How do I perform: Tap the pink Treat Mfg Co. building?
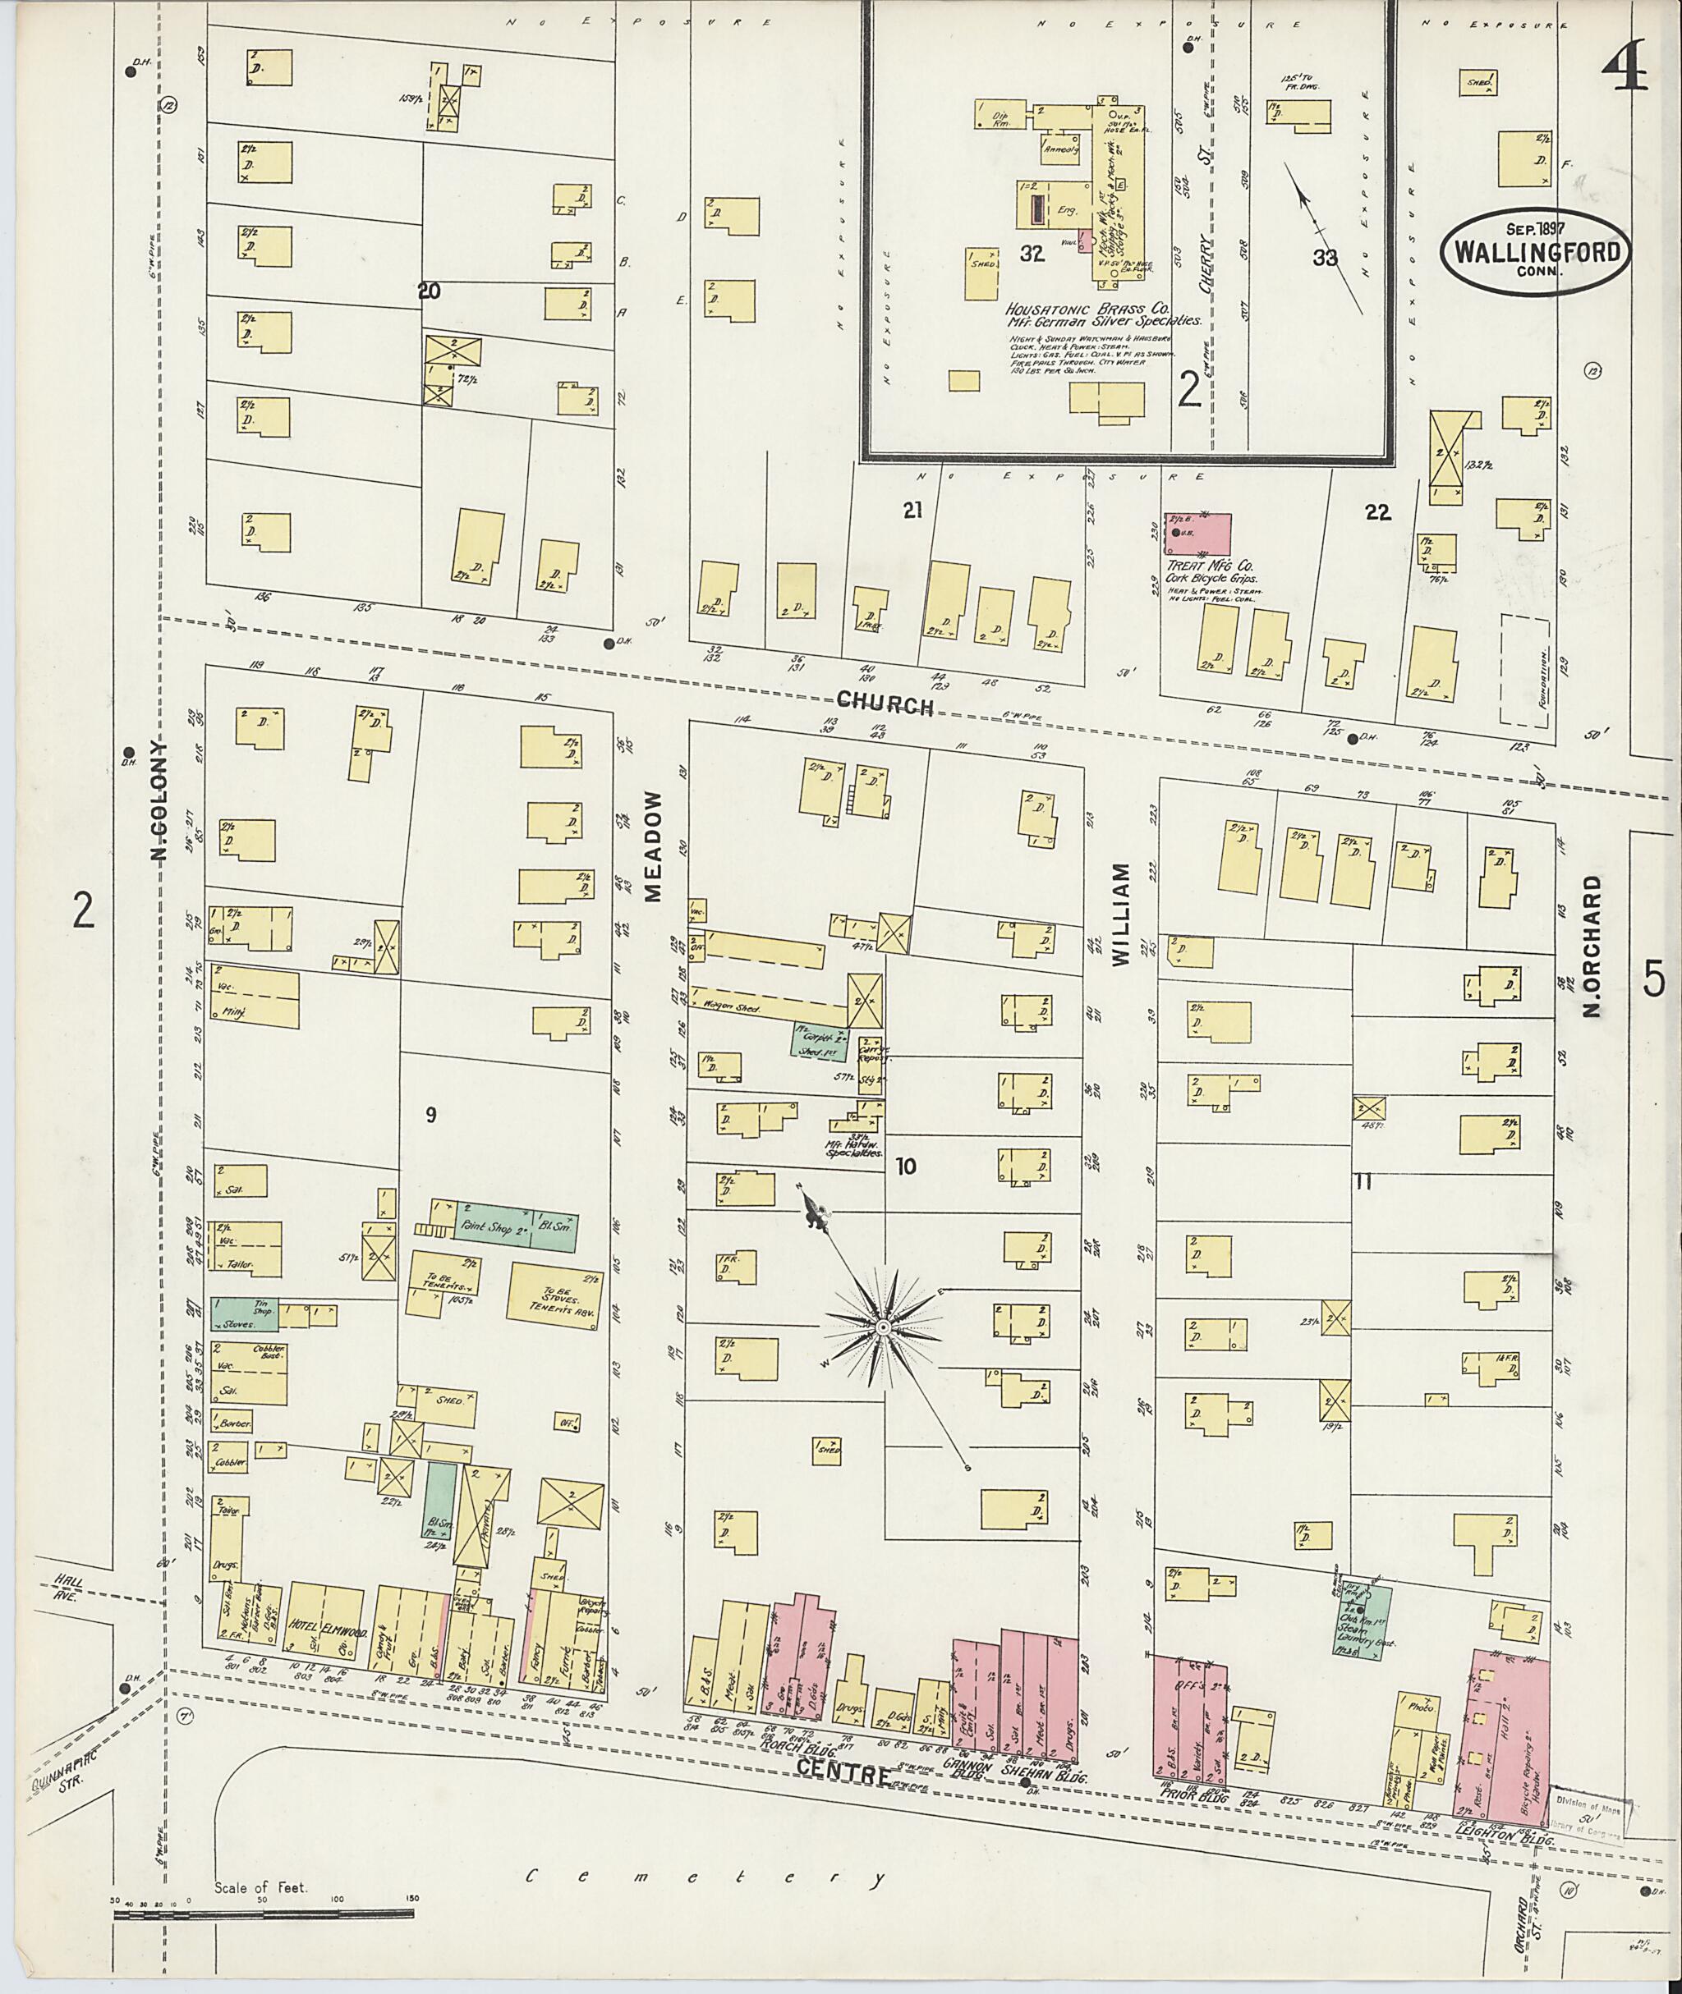click(x=1196, y=534)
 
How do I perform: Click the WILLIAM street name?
click(x=1119, y=915)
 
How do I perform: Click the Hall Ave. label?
click(x=69, y=1587)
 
